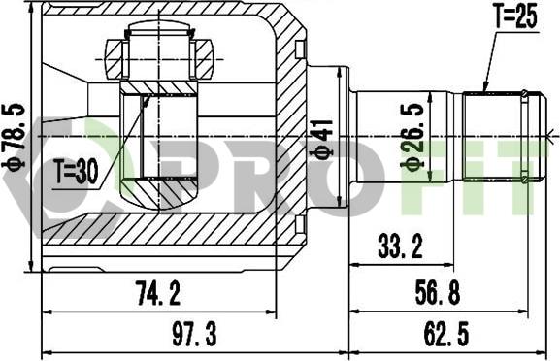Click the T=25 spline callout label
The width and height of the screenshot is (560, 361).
tap(515, 16)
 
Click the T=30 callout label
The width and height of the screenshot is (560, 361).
tap(76, 172)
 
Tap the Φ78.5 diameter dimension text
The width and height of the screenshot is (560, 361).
tap(14, 136)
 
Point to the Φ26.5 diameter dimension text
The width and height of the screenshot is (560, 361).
tap(412, 136)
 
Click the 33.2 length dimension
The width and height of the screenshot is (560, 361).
tap(401, 246)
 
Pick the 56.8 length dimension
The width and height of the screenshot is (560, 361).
tap(438, 292)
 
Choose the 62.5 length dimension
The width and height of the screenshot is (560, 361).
tap(446, 334)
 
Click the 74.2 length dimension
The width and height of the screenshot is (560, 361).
tap(157, 293)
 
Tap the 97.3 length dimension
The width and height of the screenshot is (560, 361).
tap(194, 334)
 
